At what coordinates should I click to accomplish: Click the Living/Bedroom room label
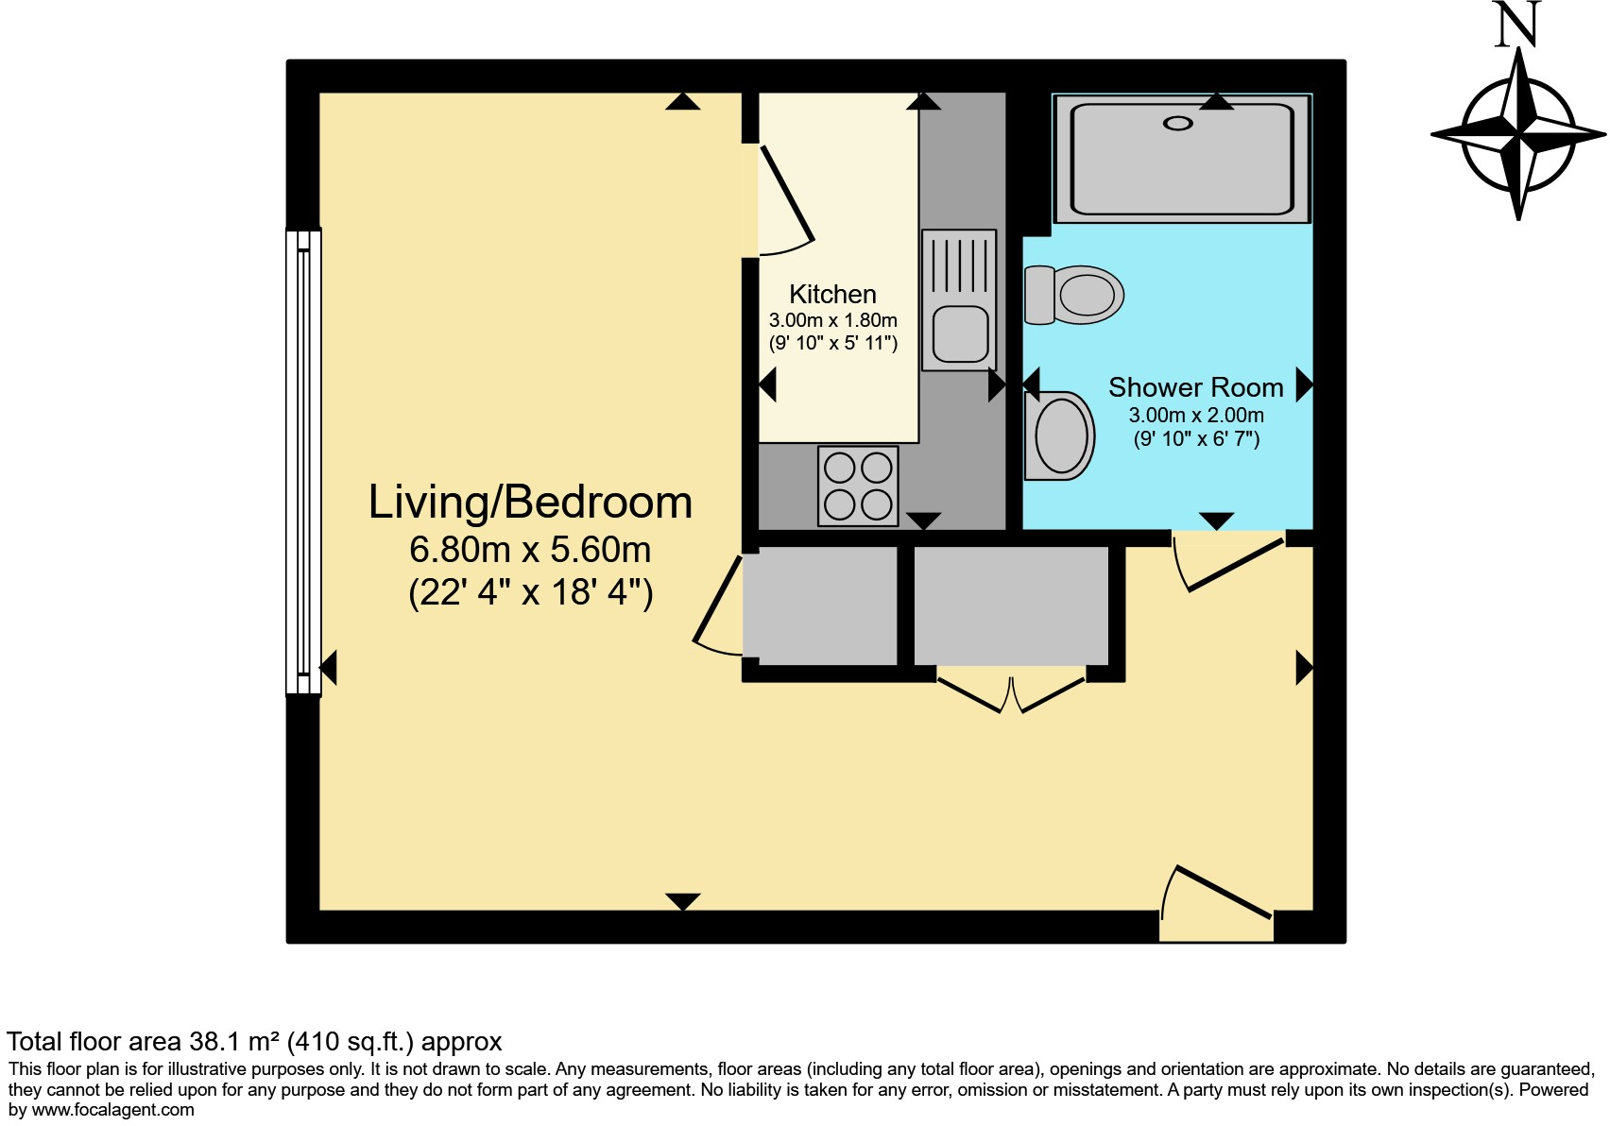coord(530,503)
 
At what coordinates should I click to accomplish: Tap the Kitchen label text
coord(832,294)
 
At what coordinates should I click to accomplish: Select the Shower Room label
coord(1195,387)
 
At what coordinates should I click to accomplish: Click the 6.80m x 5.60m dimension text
coord(530,550)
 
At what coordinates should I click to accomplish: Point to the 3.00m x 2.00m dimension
coord(1196,415)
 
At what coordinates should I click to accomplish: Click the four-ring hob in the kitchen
coord(858,486)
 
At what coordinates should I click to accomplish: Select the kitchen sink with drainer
coord(959,299)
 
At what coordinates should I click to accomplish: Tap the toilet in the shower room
coord(1075,295)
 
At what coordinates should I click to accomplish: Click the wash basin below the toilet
coord(1060,436)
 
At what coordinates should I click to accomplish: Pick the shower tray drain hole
coord(1178,123)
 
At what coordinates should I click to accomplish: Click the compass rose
coord(1518,135)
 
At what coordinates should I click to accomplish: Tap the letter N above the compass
coord(1517,25)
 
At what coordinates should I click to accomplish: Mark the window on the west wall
coord(303,462)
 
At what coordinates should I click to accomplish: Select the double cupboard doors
coord(1011,691)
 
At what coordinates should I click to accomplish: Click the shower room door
coord(1229,565)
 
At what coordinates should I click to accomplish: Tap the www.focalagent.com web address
coord(113,1110)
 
